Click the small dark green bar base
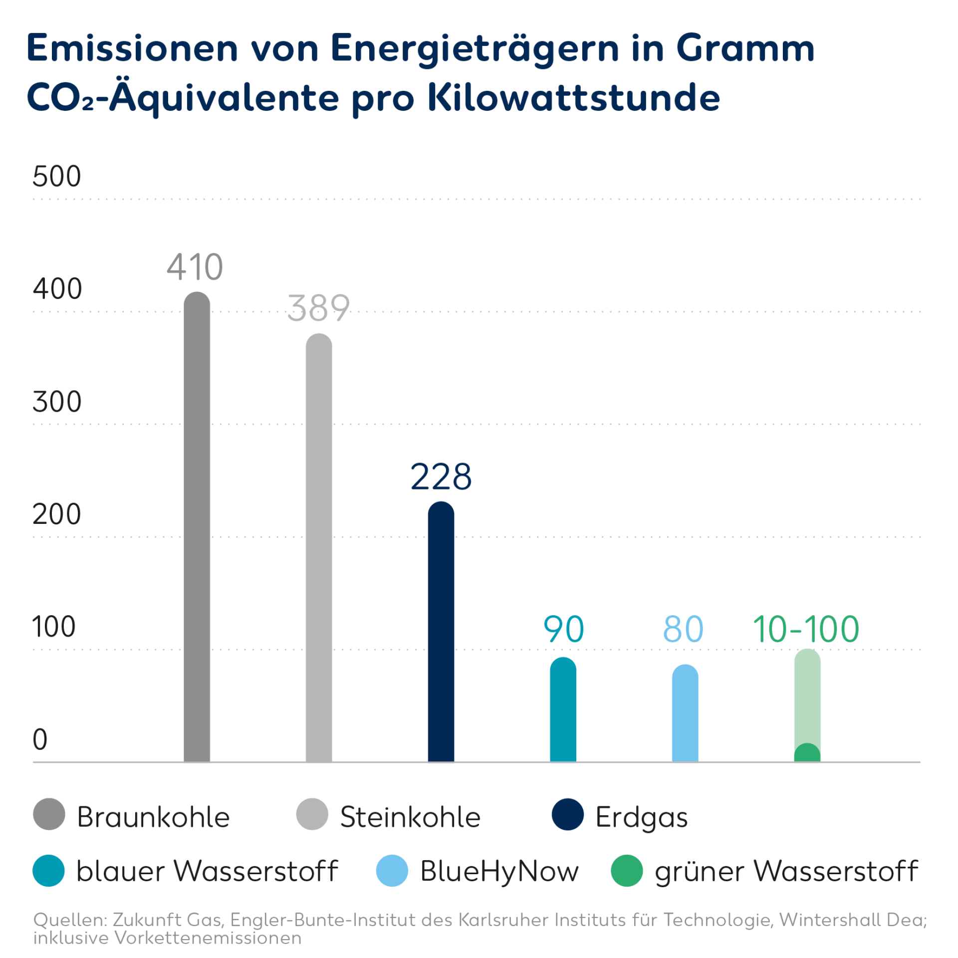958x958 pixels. pos(807,753)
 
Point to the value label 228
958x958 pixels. pos(441,477)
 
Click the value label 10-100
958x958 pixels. pos(806,629)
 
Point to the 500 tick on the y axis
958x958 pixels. pos(56,176)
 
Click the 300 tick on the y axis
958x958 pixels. pos(56,402)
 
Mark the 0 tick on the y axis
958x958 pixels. pos(40,739)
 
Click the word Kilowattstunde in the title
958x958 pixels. pos(574,97)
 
